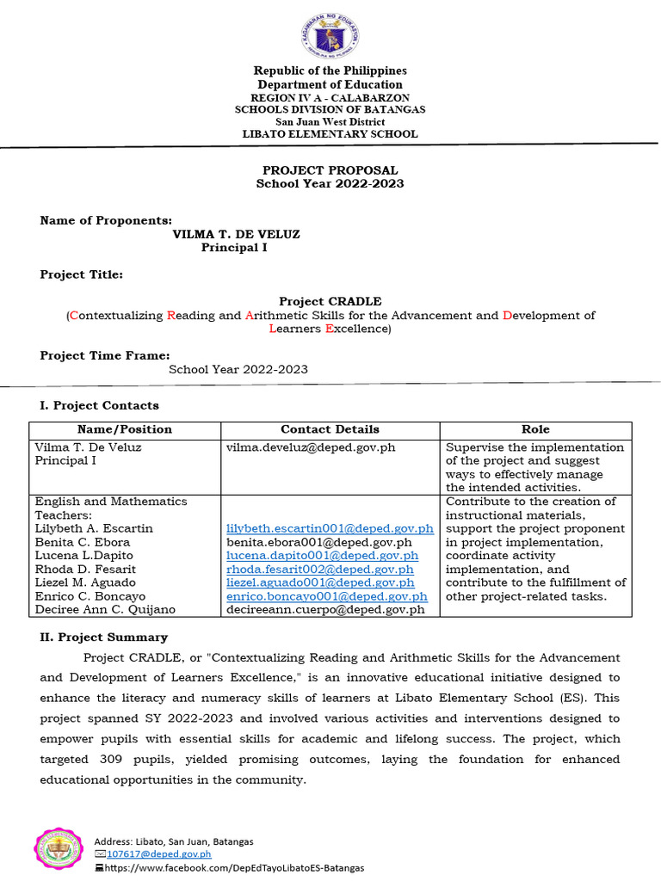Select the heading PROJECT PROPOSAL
tap(330, 170)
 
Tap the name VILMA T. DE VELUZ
tap(236, 234)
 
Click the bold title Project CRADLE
tap(330, 301)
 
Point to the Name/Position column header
tap(125, 429)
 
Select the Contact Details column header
tap(330, 429)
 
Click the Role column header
tap(535, 429)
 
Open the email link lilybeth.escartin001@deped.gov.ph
tap(330, 528)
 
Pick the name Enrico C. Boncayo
tap(90, 596)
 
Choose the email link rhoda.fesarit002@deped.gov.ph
tap(320, 570)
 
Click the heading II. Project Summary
tap(104, 638)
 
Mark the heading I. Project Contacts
tap(100, 405)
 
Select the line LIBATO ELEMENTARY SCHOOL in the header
tap(330, 134)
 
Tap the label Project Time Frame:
tap(105, 355)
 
